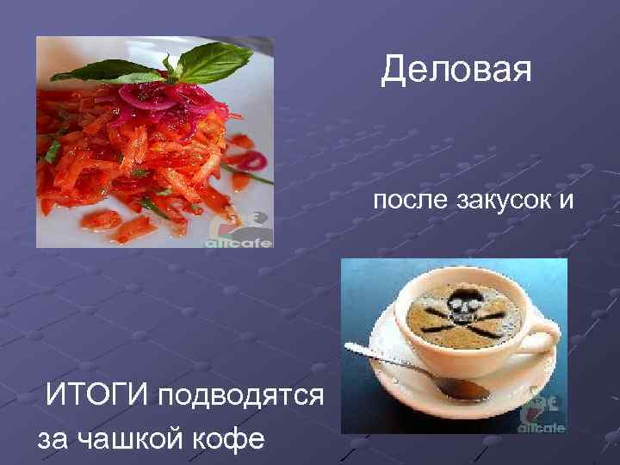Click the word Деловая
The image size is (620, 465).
[456, 70]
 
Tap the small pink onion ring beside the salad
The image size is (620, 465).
[252, 161]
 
